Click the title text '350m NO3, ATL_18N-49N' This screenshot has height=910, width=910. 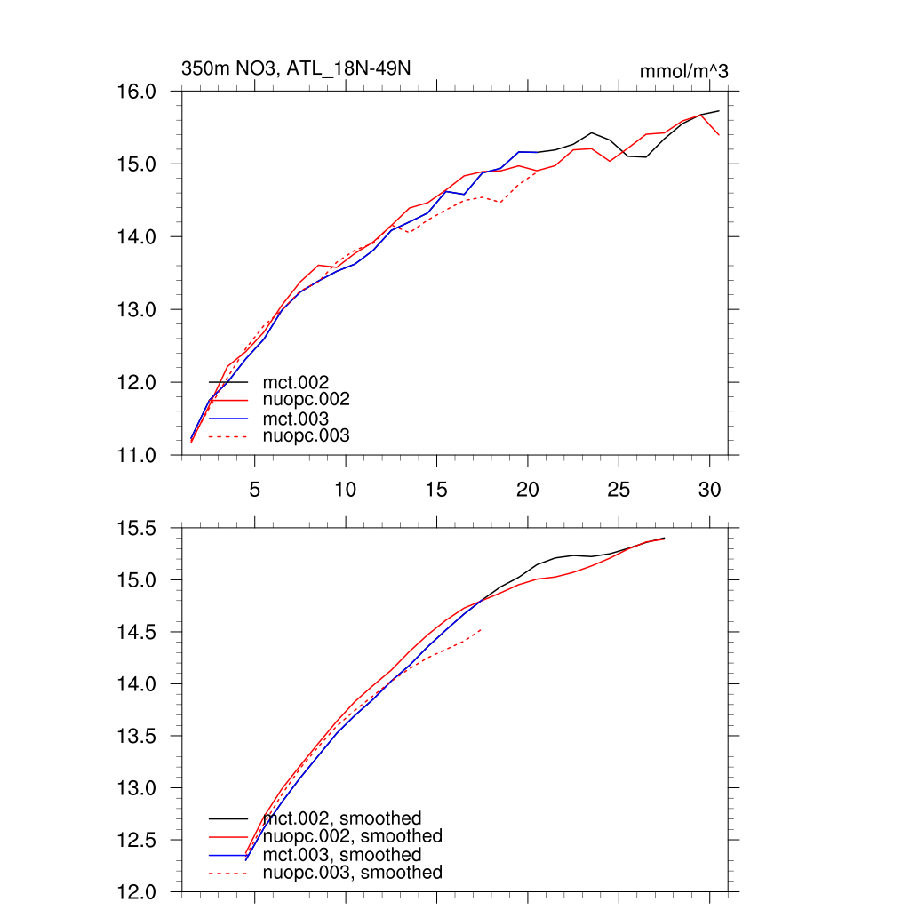pyautogui.click(x=296, y=69)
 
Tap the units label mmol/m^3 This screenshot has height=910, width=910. pyautogui.click(x=683, y=72)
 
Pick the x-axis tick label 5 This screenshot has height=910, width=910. pyautogui.click(x=255, y=489)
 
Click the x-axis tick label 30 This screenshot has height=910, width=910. pyautogui.click(x=709, y=489)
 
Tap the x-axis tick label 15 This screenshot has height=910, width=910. pyautogui.click(x=436, y=489)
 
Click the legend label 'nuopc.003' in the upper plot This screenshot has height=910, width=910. pyautogui.click(x=307, y=435)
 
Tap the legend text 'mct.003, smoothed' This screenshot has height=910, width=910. pyautogui.click(x=342, y=855)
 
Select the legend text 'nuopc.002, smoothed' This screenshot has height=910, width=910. pyautogui.click(x=352, y=836)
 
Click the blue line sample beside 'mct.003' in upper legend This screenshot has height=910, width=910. pyautogui.click(x=228, y=419)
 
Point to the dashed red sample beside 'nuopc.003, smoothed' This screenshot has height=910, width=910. pyautogui.click(x=228, y=874)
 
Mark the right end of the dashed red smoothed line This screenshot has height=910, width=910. pyautogui.click(x=481, y=629)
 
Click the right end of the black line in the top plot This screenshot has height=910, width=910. pyautogui.click(x=718, y=111)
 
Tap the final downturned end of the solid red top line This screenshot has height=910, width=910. pyautogui.click(x=718, y=134)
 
